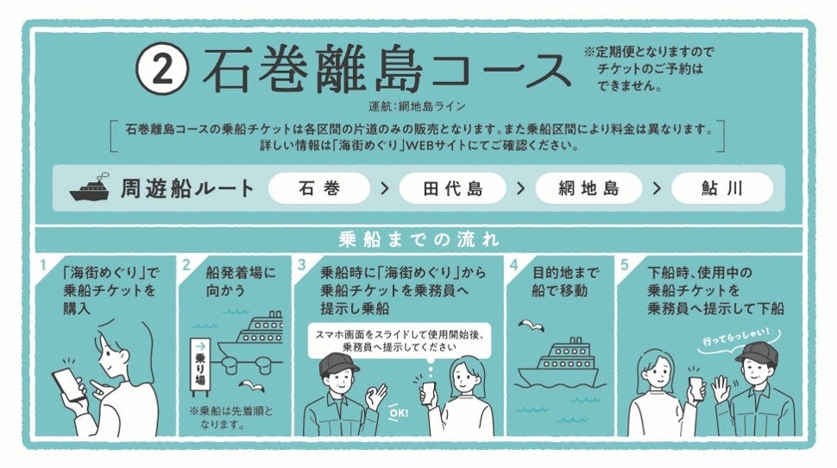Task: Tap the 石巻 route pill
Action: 319,188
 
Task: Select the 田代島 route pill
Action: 453,188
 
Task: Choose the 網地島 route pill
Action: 588,188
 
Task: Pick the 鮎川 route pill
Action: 722,188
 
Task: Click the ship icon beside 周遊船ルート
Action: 90,187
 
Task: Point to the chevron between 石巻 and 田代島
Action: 385,188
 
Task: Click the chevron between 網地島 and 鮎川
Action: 658,188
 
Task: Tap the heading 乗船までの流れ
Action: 419,239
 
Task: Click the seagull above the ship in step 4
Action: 531,326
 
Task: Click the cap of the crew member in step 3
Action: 338,364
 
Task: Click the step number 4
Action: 514,265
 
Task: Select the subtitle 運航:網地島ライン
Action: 417,106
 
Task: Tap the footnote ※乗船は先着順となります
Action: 230,418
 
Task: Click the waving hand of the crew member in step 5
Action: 721,389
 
